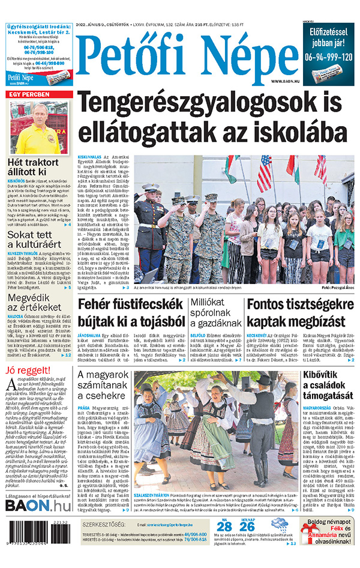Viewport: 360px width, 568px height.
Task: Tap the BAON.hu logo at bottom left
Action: (38, 506)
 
